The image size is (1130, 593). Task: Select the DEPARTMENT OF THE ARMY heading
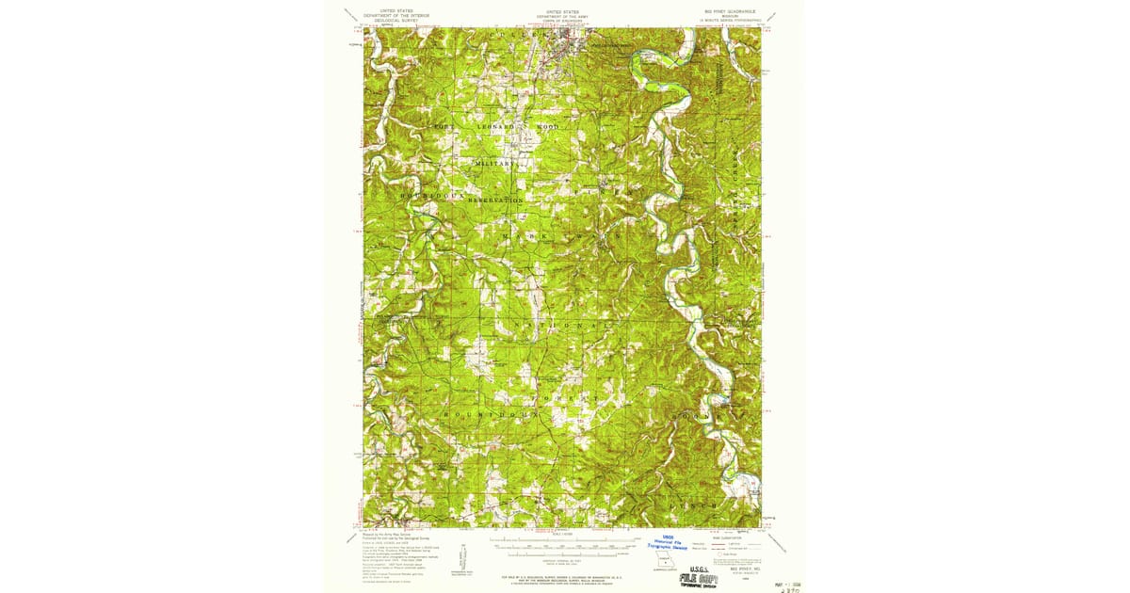(x=561, y=15)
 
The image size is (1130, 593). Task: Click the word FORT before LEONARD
(x=443, y=126)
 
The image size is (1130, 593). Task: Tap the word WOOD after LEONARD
(x=546, y=126)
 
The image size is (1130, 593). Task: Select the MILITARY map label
(x=496, y=163)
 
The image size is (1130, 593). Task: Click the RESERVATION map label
(x=492, y=200)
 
